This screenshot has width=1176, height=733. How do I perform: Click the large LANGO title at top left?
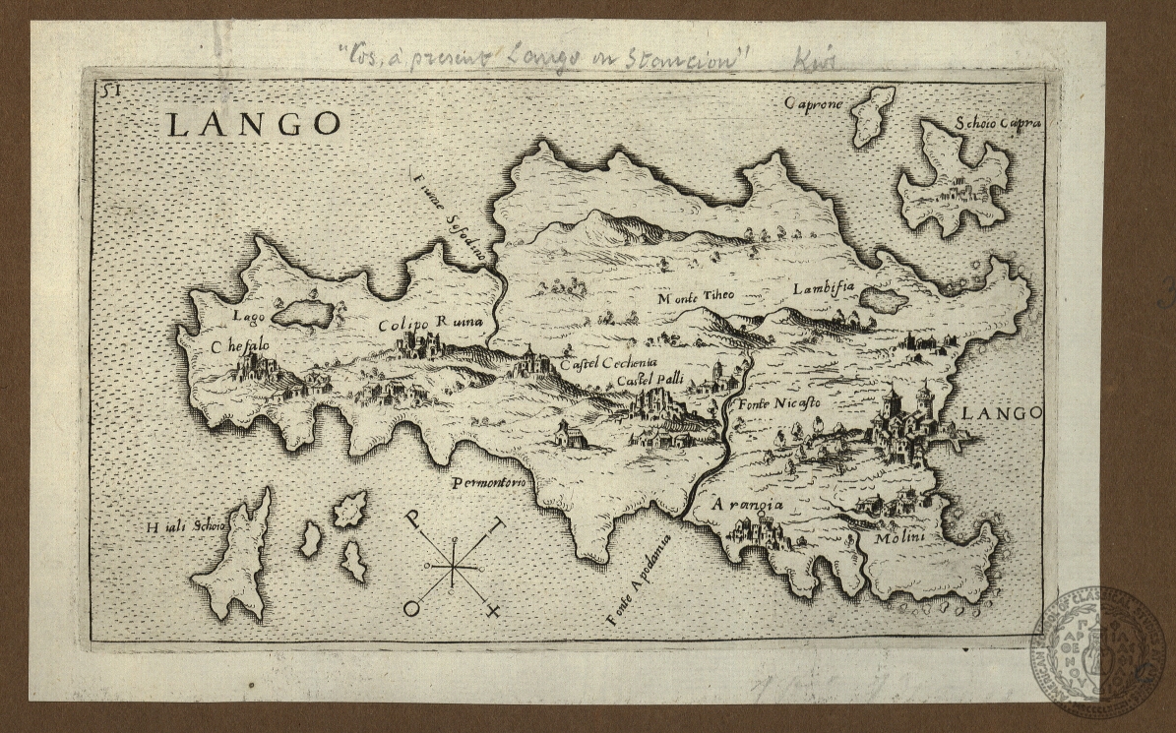click(x=253, y=125)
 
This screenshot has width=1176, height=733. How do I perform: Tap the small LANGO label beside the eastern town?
click(x=1001, y=413)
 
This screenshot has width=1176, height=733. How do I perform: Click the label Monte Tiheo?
click(x=696, y=296)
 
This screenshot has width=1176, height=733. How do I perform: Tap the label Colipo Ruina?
click(x=431, y=324)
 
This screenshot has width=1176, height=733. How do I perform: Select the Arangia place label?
click(x=748, y=505)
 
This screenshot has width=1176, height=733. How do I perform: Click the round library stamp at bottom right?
click(x=1097, y=651)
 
